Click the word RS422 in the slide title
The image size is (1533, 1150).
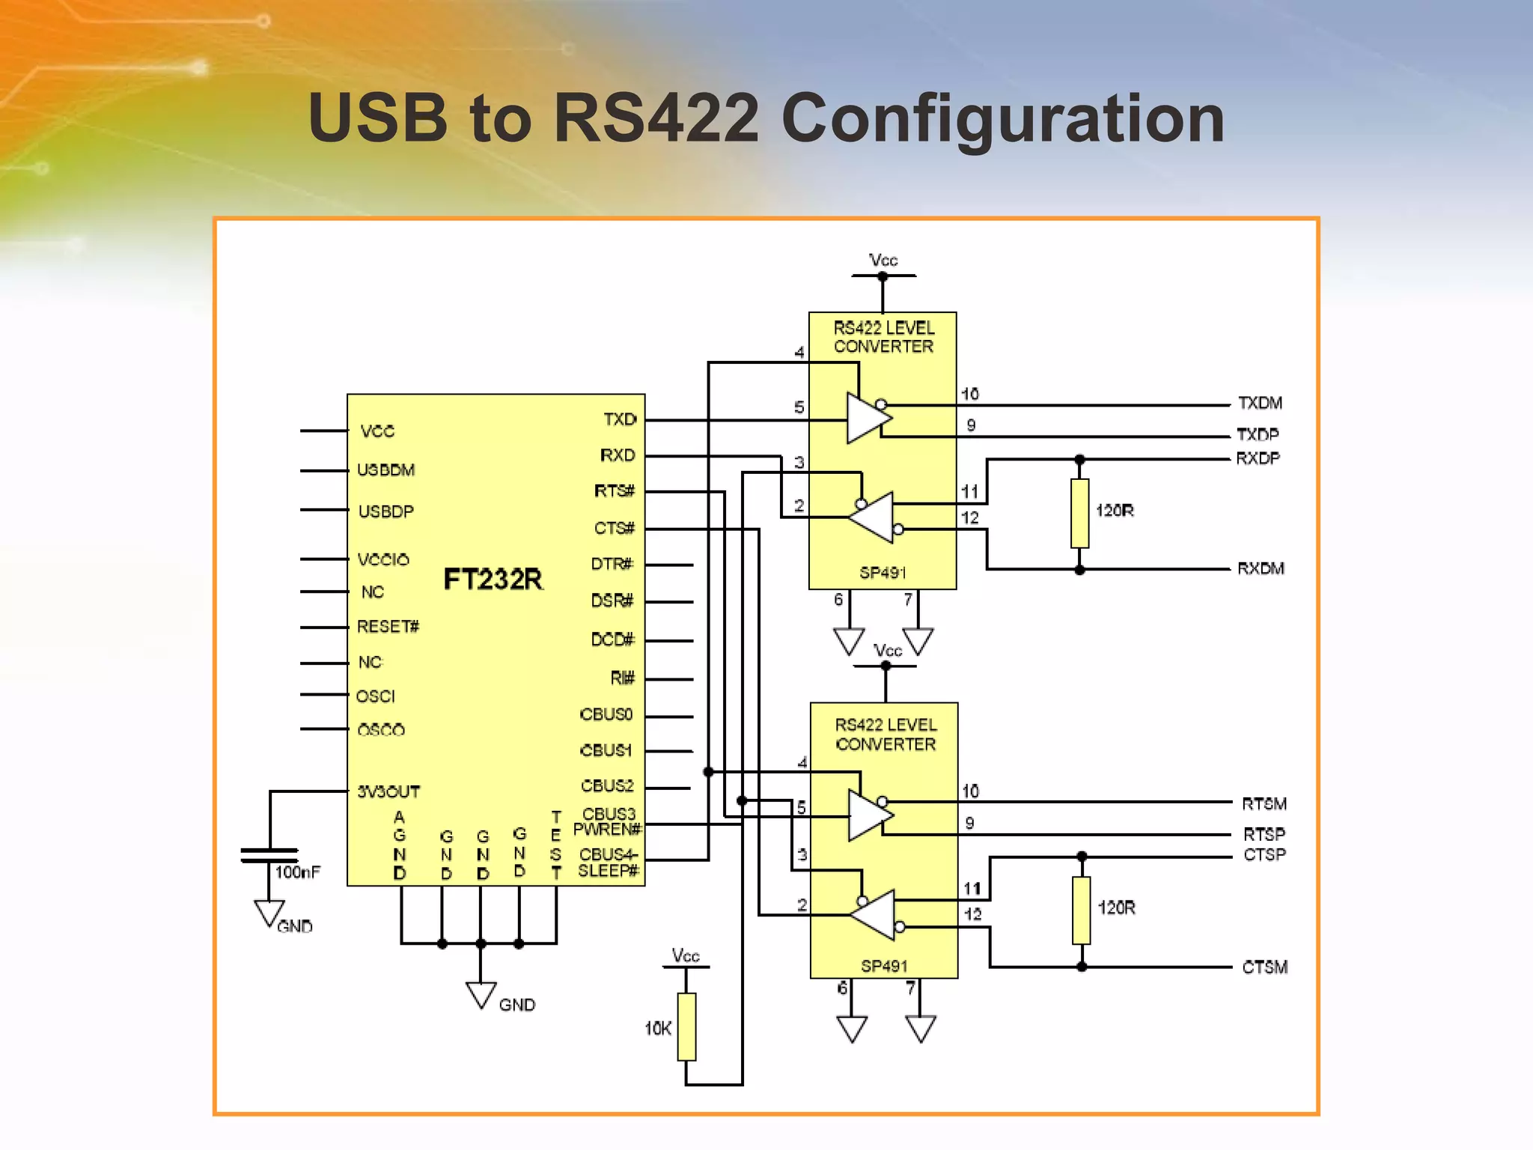pyautogui.click(x=655, y=118)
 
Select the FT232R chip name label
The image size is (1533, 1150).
pyautogui.click(x=493, y=579)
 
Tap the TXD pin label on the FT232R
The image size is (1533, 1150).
pyautogui.click(x=620, y=419)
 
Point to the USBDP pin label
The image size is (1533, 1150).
pyautogui.click(x=385, y=511)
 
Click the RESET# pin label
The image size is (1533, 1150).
pyautogui.click(x=388, y=626)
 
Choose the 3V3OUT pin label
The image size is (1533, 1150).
pyautogui.click(x=388, y=791)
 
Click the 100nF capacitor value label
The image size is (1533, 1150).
pyautogui.click(x=297, y=871)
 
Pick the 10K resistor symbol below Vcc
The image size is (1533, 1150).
pyautogui.click(x=686, y=1026)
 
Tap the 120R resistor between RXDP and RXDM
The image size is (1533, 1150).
pyautogui.click(x=1079, y=514)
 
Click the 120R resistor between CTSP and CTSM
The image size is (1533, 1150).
pyautogui.click(x=1081, y=910)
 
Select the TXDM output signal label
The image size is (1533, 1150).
pyautogui.click(x=1260, y=403)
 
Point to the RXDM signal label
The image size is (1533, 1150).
pyautogui.click(x=1261, y=568)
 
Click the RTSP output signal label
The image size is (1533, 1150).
pyautogui.click(x=1264, y=834)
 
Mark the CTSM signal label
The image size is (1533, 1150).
pyautogui.click(x=1265, y=967)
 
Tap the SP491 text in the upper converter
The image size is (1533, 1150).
pyautogui.click(x=883, y=573)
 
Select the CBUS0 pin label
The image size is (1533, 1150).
pyautogui.click(x=606, y=714)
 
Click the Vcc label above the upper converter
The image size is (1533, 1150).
pyautogui.click(x=883, y=260)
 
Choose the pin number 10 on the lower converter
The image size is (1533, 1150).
pyautogui.click(x=970, y=791)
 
